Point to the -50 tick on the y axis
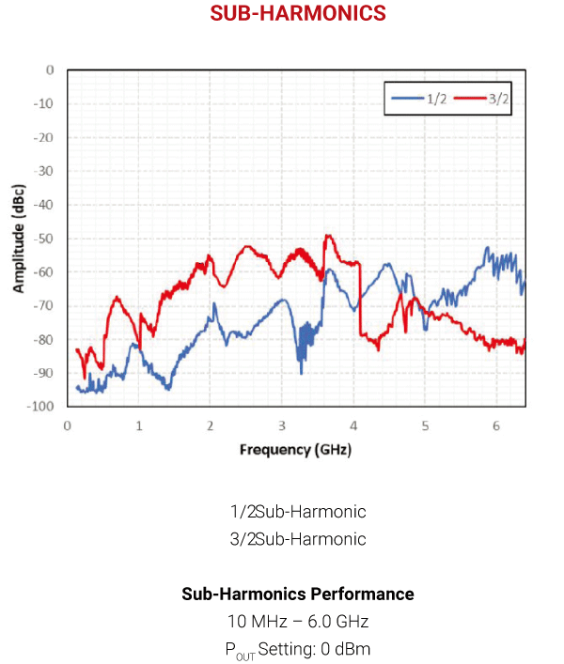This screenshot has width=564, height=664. coord(43,239)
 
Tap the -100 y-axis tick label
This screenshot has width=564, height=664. coord(40,407)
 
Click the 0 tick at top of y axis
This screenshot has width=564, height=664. coord(50,70)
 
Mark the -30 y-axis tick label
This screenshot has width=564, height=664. coord(43,171)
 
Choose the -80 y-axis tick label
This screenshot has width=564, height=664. coord(43,339)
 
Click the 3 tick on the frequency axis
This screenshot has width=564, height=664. coord(282,425)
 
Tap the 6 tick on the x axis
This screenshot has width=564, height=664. coord(496,425)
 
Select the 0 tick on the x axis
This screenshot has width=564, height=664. coord(68,425)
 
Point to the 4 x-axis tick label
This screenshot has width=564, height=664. coord(353,425)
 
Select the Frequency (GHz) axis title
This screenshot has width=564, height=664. coord(295,450)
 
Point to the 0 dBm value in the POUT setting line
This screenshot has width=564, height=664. coord(347,649)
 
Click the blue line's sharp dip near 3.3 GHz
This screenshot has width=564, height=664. coord(301,371)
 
